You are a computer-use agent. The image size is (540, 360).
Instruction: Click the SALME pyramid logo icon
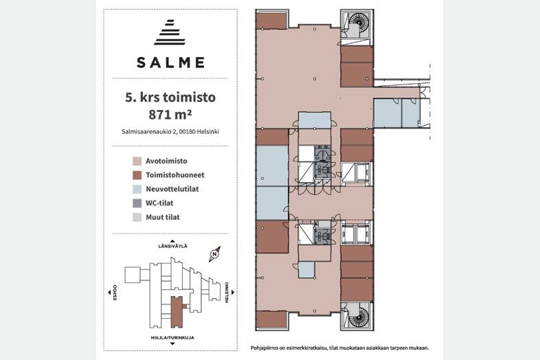(x=170, y=32)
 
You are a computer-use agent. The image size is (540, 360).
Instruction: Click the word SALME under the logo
(x=171, y=63)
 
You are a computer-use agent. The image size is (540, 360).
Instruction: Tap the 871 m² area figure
(x=170, y=114)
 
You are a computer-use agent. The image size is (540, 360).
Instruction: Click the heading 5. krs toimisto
(x=170, y=98)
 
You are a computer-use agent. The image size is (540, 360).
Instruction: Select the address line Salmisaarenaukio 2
(x=170, y=131)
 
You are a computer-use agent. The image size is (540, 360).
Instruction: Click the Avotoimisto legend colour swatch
(x=137, y=161)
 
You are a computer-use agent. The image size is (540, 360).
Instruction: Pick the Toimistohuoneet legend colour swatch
(x=137, y=175)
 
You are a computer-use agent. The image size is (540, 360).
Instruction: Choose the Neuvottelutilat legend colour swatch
(x=137, y=189)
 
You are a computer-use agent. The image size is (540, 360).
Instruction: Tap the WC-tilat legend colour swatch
(x=137, y=203)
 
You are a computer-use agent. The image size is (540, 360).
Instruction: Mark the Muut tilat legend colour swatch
(x=137, y=217)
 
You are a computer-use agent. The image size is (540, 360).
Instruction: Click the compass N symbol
(x=214, y=254)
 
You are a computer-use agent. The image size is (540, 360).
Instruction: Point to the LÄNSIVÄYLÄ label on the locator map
(x=172, y=246)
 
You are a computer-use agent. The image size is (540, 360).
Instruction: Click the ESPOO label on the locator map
(x=115, y=293)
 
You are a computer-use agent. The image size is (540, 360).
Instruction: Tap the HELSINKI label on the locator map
(x=227, y=293)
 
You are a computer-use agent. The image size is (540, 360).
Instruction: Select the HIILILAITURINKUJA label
(x=172, y=337)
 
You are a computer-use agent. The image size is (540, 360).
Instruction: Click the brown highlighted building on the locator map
(x=177, y=312)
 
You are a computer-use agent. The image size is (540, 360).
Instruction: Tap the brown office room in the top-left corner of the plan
(x=272, y=21)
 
